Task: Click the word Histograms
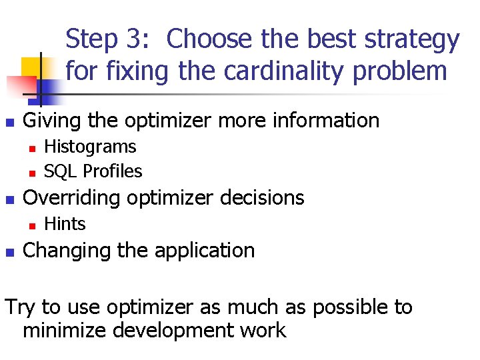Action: click(x=89, y=147)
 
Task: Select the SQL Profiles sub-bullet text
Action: click(x=93, y=171)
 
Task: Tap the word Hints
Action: click(x=65, y=224)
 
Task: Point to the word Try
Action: click(x=20, y=307)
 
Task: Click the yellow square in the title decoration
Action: click(x=32, y=67)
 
